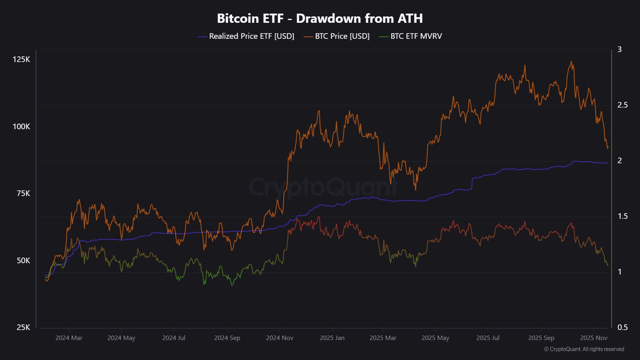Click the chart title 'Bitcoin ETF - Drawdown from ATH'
pos(320,18)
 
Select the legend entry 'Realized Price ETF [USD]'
pos(251,36)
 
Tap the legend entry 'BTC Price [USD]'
pos(342,36)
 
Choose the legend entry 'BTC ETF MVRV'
pos(416,36)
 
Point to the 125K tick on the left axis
pos(21,60)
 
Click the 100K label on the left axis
pos(21,127)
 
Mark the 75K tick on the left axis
pos(23,194)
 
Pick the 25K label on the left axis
pos(23,328)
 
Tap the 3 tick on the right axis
pos(620,50)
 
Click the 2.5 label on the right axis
pos(622,105)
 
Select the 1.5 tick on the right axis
pos(622,216)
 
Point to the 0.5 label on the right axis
pos(622,328)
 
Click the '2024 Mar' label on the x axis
pos(69,338)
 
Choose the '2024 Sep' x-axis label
pos(227,338)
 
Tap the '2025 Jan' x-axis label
pos(332,338)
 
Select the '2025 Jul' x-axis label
pos(488,338)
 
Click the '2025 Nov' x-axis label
pos(594,338)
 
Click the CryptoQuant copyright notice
pos(584,349)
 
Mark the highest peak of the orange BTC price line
pos(571,62)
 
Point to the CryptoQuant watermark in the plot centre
pos(323,186)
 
